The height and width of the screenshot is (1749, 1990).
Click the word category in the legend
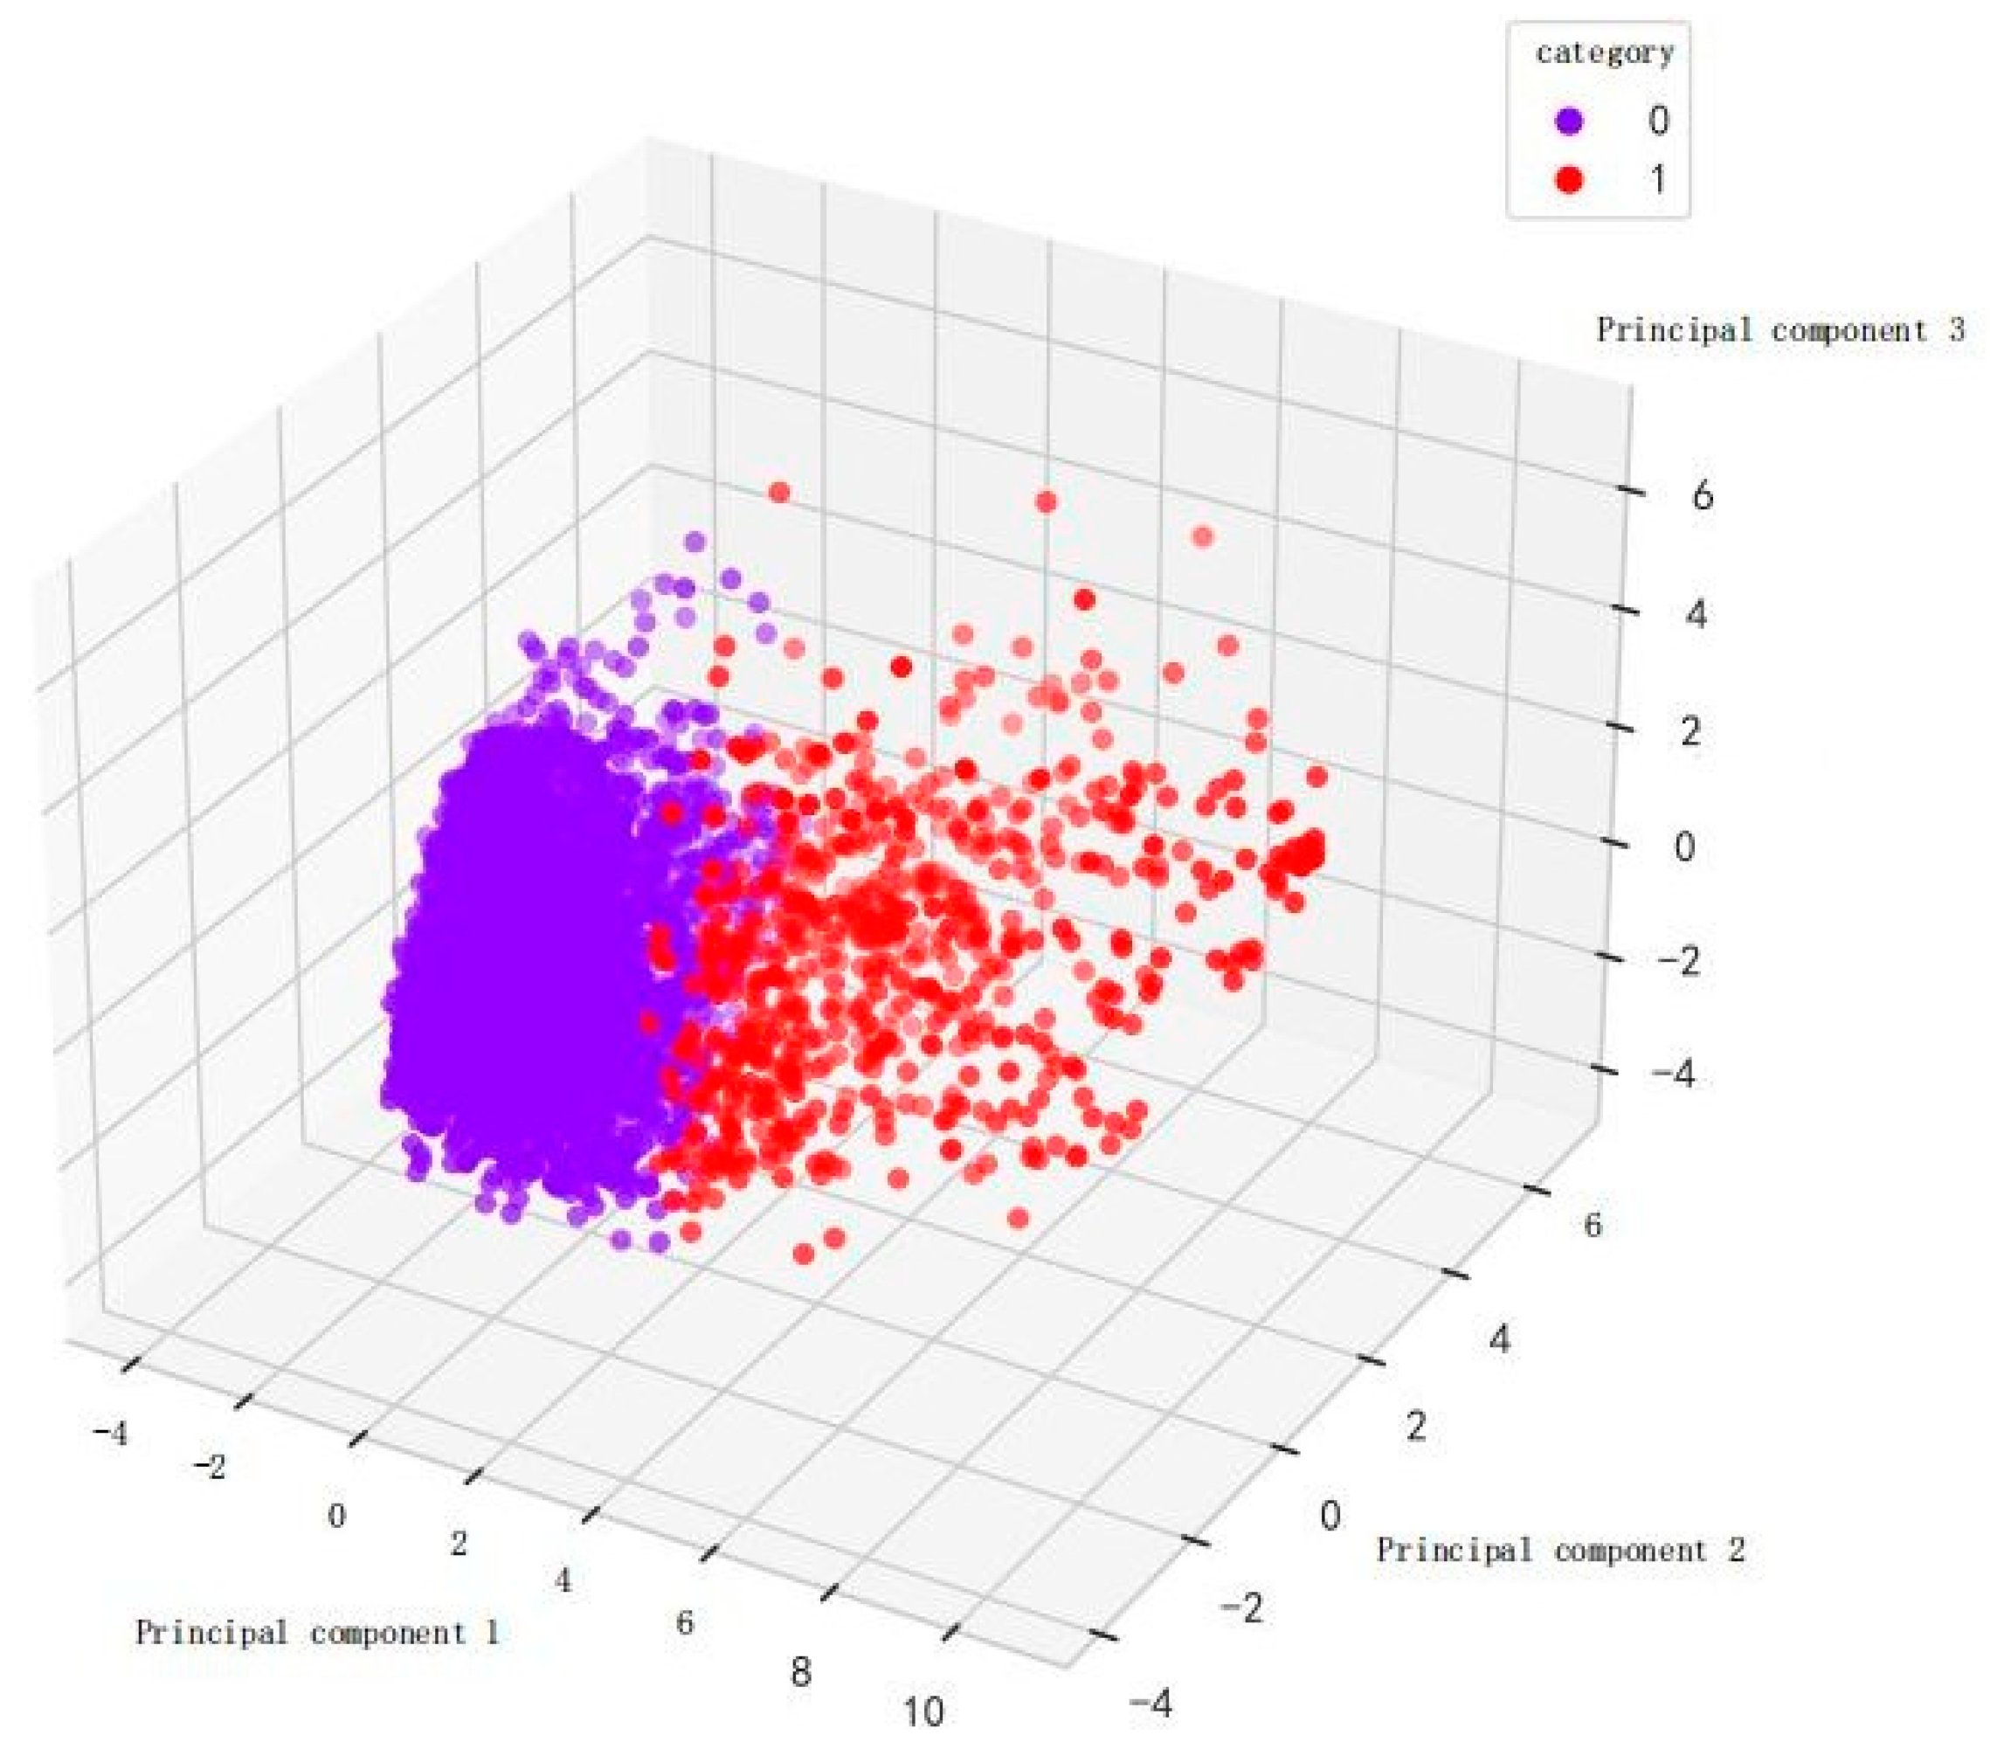click(x=1605, y=52)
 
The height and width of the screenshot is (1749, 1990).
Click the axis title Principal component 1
click(x=317, y=1632)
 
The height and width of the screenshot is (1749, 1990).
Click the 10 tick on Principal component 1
click(x=923, y=1712)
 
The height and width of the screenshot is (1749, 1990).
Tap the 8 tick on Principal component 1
click(x=800, y=1672)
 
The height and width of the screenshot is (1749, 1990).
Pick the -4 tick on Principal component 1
click(x=110, y=1433)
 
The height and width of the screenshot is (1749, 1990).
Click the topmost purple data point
click(x=694, y=542)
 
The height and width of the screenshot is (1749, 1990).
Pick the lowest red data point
click(x=803, y=1255)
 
